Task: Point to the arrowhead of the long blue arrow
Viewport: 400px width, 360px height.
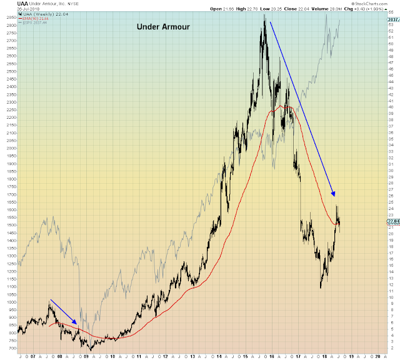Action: point(334,194)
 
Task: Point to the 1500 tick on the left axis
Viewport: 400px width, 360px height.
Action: point(9,225)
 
